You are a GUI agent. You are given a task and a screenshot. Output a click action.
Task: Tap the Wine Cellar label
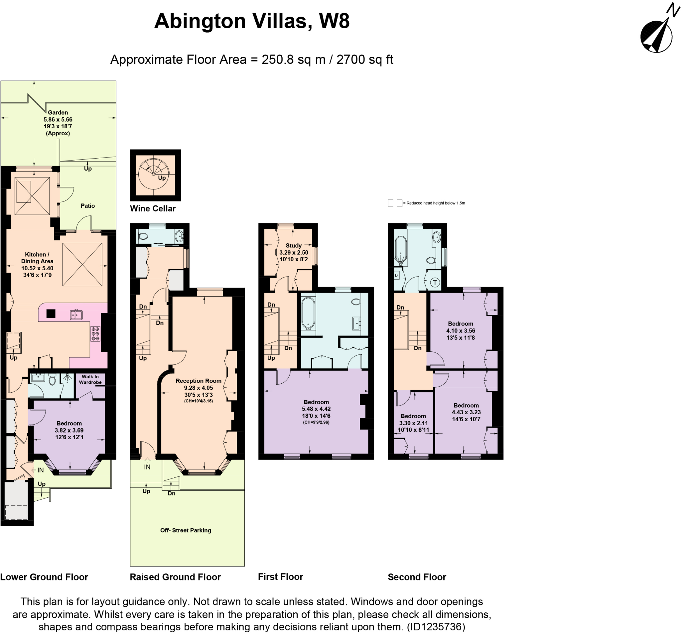click(x=153, y=208)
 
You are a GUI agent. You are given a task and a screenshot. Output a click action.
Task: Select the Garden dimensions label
click(x=58, y=123)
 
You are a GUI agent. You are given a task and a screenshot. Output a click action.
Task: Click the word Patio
click(x=88, y=206)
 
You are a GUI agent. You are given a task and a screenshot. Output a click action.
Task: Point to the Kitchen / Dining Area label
click(x=37, y=264)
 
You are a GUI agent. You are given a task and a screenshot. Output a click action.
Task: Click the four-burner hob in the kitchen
click(x=95, y=333)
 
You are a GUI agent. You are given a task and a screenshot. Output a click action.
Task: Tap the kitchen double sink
click(x=76, y=315)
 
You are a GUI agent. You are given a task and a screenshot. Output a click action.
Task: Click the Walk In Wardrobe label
click(x=90, y=380)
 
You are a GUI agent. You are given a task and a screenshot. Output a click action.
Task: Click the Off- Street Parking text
click(x=186, y=530)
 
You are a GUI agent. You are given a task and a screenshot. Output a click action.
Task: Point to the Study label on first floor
click(x=294, y=252)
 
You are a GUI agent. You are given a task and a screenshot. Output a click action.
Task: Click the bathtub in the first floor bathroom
click(x=308, y=313)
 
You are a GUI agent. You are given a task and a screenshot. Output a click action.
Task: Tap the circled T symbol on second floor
click(x=435, y=283)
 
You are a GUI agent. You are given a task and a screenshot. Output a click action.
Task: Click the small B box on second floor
click(x=396, y=275)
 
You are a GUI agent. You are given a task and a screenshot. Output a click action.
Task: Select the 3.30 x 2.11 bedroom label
click(x=413, y=423)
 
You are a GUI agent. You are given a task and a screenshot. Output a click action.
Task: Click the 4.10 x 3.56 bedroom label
click(x=461, y=330)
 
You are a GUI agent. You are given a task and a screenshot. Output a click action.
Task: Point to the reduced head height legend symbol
click(x=395, y=203)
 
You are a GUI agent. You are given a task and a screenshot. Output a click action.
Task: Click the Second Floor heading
click(x=417, y=577)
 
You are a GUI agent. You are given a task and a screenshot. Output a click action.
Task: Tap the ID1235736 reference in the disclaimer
click(x=436, y=627)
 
